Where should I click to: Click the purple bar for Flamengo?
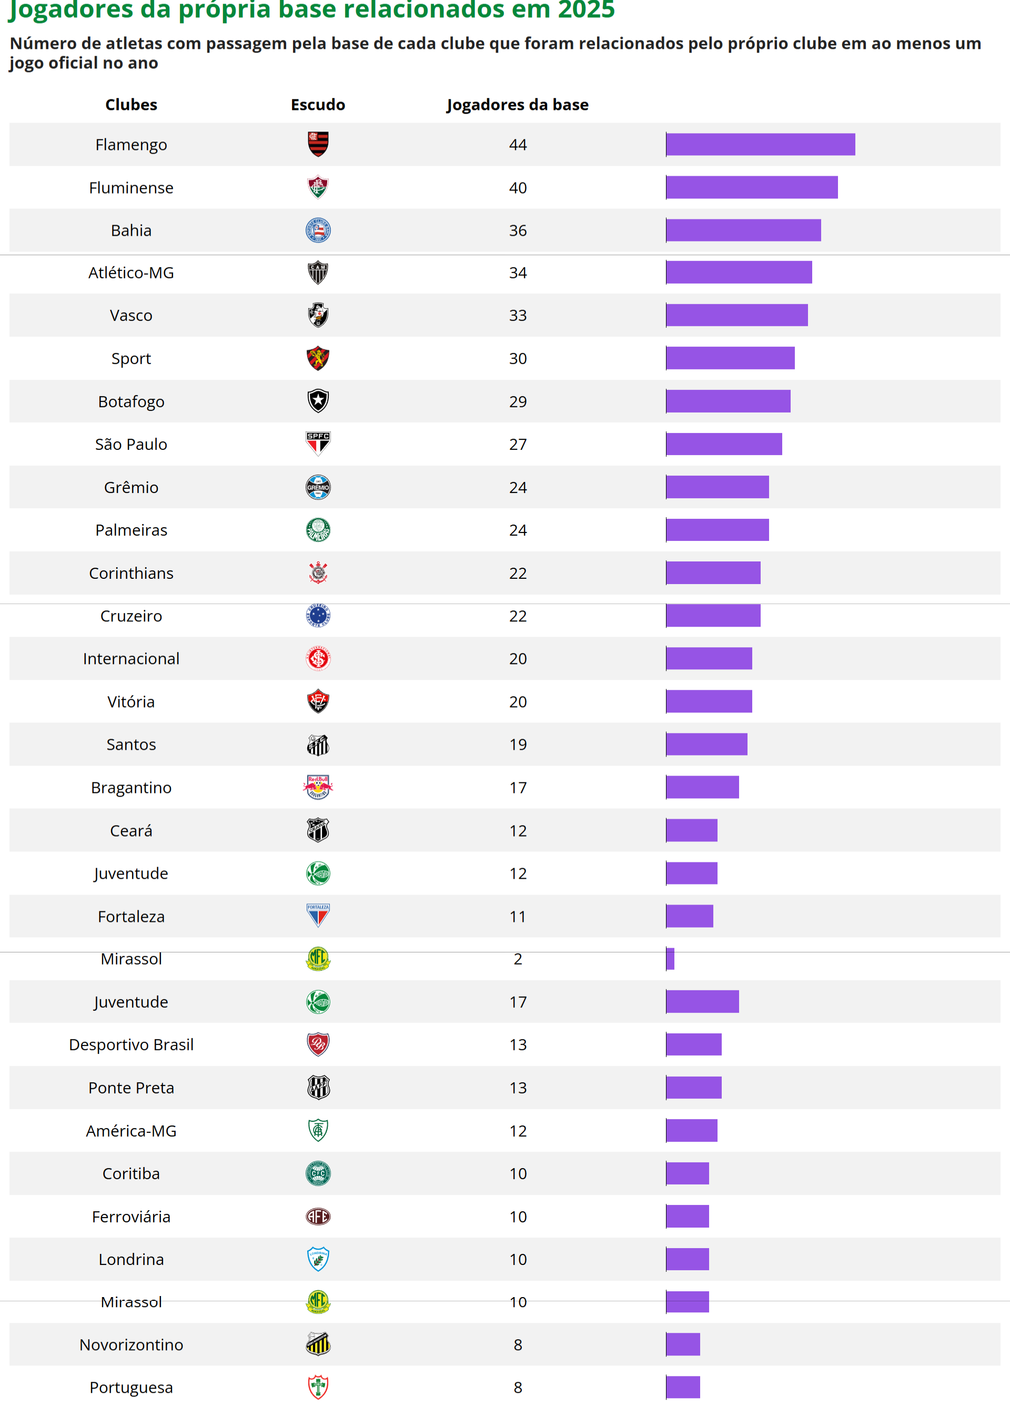coord(760,144)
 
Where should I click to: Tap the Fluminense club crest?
coord(318,187)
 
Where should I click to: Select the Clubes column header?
coord(131,105)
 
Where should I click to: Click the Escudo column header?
coord(318,105)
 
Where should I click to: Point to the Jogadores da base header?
coord(518,105)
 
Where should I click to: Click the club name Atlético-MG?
coord(131,273)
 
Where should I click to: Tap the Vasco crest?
coord(318,315)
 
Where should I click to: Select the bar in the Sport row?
coord(730,358)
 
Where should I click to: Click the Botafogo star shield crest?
coord(318,401)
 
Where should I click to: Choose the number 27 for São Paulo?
coord(518,444)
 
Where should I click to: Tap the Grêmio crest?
coord(318,487)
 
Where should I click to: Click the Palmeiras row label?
coord(131,530)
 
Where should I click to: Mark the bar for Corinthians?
coord(713,573)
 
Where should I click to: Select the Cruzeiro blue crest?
coord(318,616)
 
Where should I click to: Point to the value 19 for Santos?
coord(518,745)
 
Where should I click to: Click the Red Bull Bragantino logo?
coord(318,788)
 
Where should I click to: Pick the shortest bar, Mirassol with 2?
coord(670,959)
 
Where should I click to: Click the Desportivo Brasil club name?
coord(131,1045)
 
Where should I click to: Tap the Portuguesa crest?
coord(318,1388)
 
